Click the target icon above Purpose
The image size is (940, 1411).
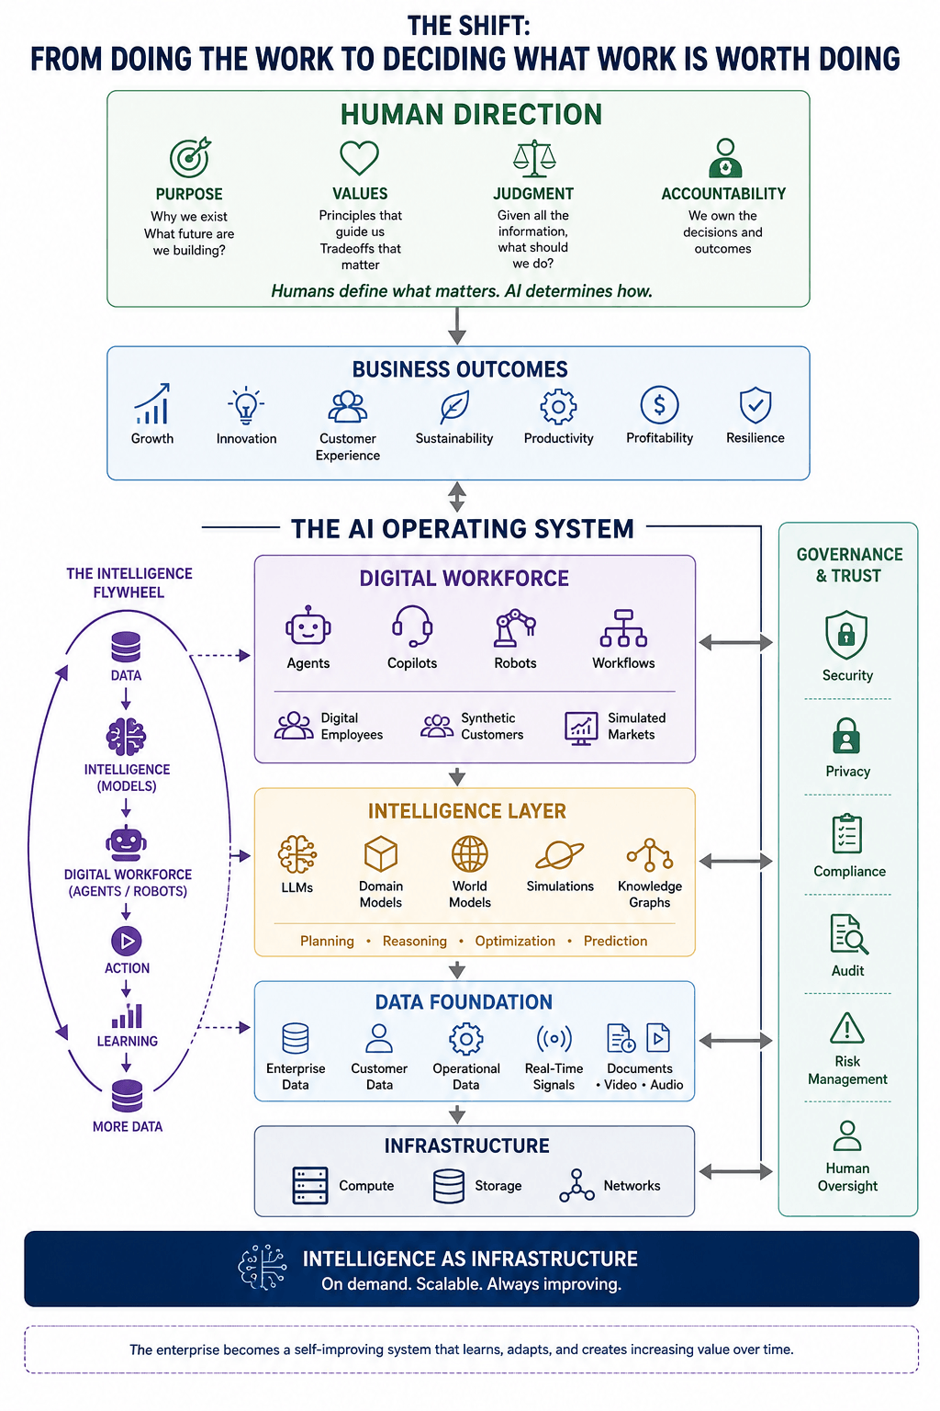point(190,157)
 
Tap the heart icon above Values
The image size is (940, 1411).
point(360,157)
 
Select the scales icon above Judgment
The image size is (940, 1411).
point(534,157)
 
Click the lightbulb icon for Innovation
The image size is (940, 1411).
point(245,405)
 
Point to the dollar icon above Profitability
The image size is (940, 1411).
point(659,404)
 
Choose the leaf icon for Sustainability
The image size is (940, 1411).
point(454,406)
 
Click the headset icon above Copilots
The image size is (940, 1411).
point(412,626)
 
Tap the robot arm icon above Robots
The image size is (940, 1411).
point(515,628)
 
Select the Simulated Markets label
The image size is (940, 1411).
point(636,727)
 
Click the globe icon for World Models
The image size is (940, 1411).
point(470,854)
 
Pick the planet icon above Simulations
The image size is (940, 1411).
point(559,855)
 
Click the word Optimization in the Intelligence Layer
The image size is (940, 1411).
point(515,941)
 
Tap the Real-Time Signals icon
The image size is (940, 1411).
point(554,1039)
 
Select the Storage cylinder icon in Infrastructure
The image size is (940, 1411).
point(449,1186)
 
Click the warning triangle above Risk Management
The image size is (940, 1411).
point(847,1028)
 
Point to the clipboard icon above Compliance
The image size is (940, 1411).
point(846,833)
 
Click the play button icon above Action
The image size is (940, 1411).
point(127,941)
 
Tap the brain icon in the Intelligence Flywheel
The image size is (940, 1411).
point(127,737)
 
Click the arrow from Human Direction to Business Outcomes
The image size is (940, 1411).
point(457,326)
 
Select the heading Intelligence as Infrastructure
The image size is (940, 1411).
point(470,1259)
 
